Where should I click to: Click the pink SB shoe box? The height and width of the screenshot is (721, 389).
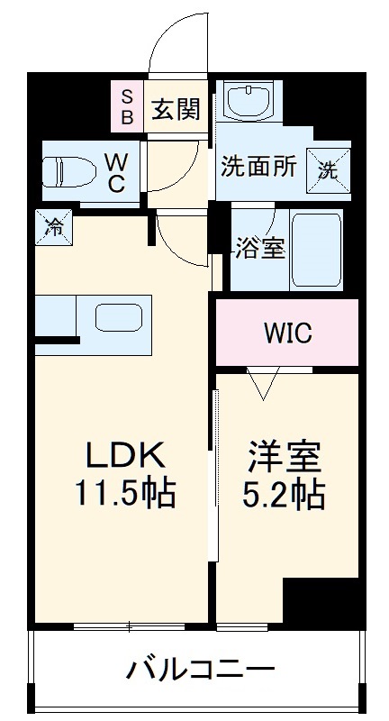[126, 106]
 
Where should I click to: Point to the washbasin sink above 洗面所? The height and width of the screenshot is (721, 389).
[248, 100]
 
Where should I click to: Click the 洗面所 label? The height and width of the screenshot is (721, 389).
[259, 167]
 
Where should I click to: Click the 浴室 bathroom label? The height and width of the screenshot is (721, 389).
[260, 248]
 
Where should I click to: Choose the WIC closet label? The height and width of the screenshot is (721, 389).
[287, 333]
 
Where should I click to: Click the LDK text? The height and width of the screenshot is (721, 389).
[124, 454]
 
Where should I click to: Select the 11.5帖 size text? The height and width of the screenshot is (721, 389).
[124, 493]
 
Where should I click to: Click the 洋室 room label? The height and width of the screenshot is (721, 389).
[285, 457]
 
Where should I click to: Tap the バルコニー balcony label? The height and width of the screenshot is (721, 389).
[199, 670]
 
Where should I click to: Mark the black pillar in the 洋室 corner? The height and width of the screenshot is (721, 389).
[321, 599]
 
